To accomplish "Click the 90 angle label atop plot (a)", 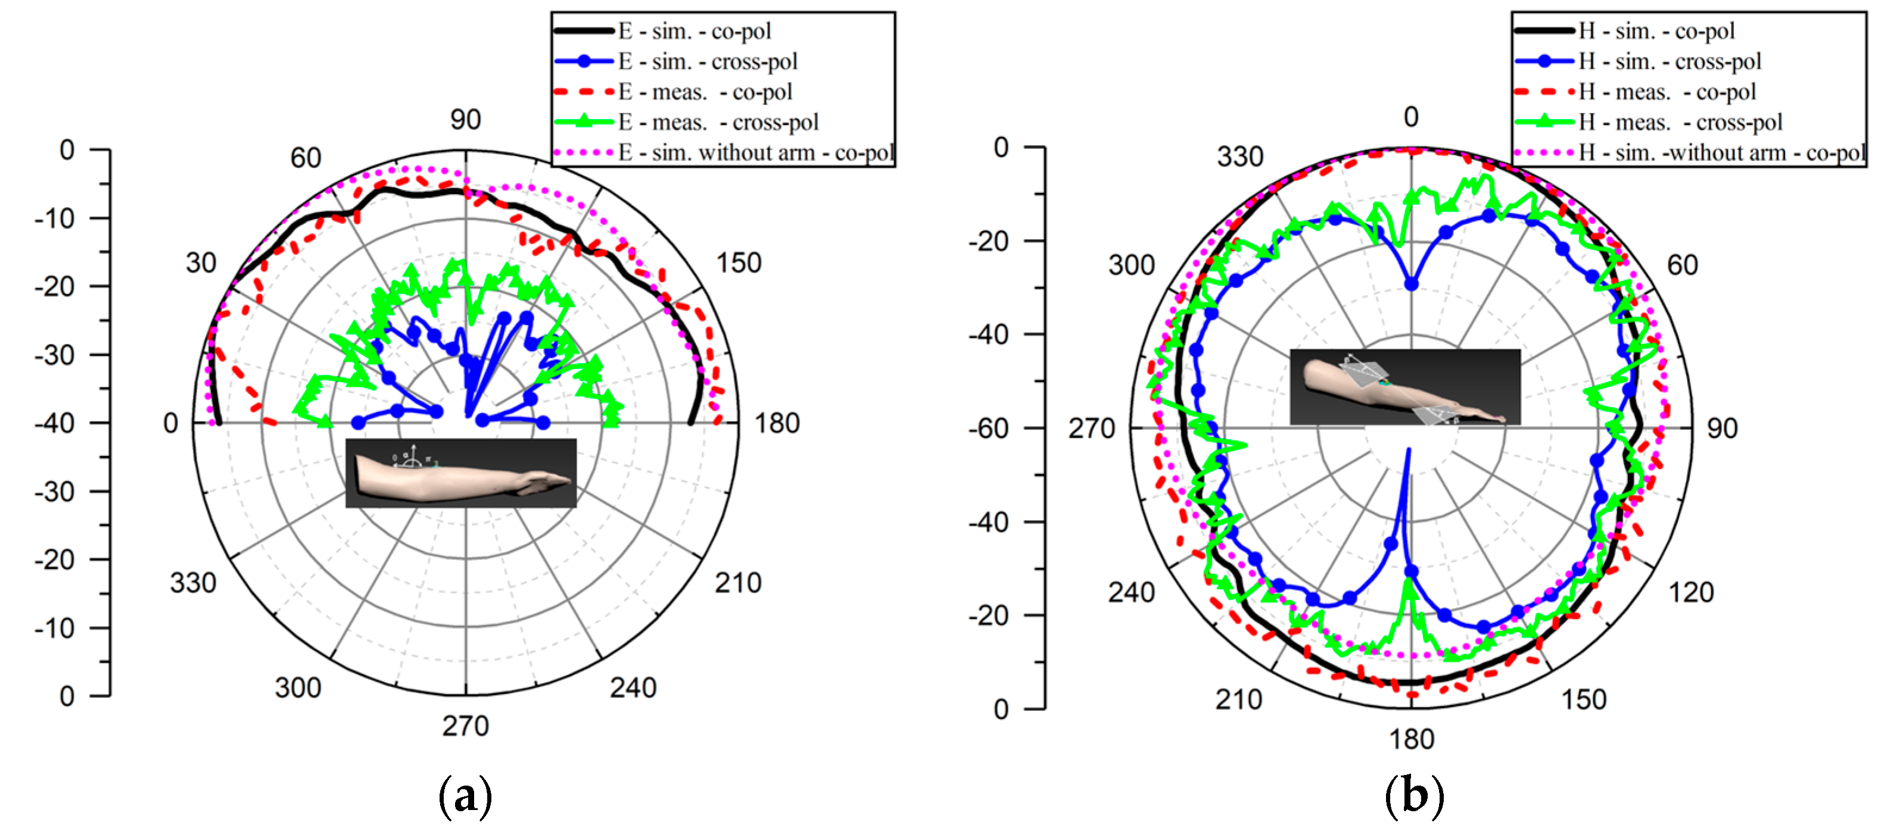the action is [x=465, y=120].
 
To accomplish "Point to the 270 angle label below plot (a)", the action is [x=465, y=726].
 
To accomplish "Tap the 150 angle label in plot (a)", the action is [x=739, y=263].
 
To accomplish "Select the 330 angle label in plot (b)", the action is [x=1239, y=157].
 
